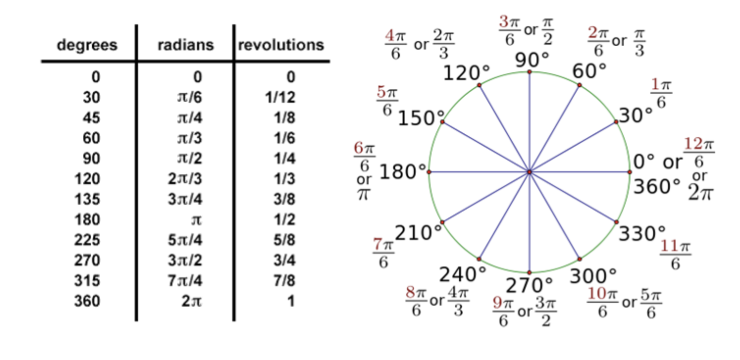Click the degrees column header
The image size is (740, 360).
click(87, 45)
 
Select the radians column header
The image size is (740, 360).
click(185, 45)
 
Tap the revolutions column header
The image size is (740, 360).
click(281, 45)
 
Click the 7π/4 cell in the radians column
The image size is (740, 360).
click(185, 281)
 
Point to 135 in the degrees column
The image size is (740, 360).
click(87, 199)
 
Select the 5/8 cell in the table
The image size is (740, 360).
click(284, 240)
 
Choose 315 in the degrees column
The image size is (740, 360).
click(87, 281)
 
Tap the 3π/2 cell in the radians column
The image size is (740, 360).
click(185, 260)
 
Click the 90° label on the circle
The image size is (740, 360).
click(532, 60)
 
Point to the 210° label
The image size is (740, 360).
click(418, 232)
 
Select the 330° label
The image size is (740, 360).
click(642, 233)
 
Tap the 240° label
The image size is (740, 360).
click(463, 273)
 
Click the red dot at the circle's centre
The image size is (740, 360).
click(529, 172)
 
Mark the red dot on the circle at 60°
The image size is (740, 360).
click(579, 85)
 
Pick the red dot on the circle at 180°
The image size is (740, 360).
click(429, 172)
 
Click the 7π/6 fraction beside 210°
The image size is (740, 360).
click(383, 253)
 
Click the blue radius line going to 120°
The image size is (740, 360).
click(504, 128)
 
